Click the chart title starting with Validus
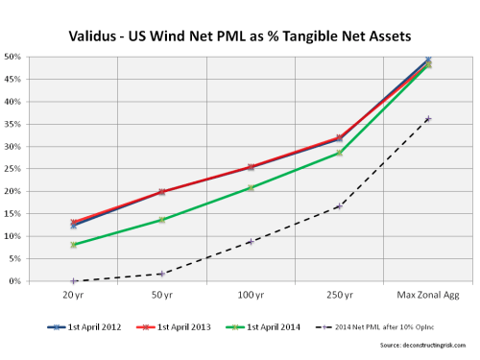coord(240,36)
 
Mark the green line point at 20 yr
coord(74,245)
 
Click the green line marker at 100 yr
coord(251,188)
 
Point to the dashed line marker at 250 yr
coord(339,206)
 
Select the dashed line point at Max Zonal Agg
coord(427,119)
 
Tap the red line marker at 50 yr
coord(162,192)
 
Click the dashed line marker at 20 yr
coord(74,281)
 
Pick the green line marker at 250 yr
coord(339,153)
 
